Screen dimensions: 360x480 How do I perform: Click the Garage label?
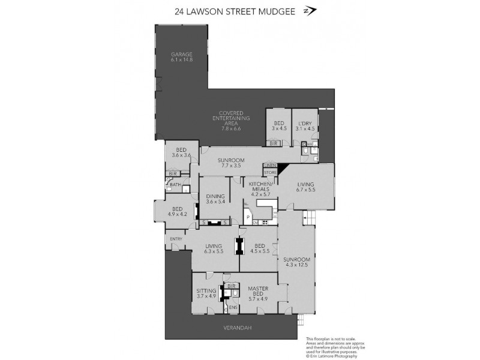coord(181,57)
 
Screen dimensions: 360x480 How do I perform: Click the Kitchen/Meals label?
coord(260,189)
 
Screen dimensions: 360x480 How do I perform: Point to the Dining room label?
coord(215,199)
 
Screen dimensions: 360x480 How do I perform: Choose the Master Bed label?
coord(258,292)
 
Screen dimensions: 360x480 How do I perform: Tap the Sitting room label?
coord(206,293)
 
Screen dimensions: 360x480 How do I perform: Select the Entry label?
coord(176,239)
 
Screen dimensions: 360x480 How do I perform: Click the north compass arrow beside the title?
coord(310,11)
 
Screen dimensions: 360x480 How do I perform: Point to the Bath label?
coord(175,185)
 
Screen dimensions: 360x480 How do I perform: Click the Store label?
coord(269,173)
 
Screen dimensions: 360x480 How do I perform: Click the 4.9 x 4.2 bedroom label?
coord(178,211)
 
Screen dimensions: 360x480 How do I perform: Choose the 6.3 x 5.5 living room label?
coord(214,248)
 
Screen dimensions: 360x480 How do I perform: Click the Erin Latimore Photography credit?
coord(334,356)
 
